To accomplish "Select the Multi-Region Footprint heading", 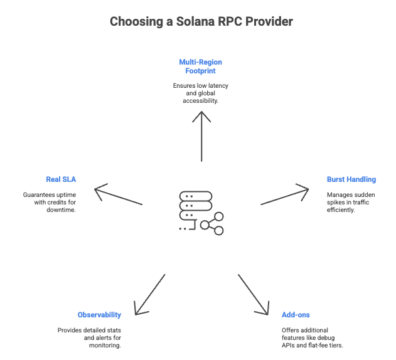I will pos(201,66).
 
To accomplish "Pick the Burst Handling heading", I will pos(351,179).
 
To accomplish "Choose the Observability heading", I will pos(99,315).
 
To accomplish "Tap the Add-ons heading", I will pos(296,315).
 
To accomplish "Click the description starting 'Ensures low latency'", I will pos(201,92).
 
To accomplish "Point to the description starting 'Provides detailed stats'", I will pos(89,337).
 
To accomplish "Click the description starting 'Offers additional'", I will pos(312,337).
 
